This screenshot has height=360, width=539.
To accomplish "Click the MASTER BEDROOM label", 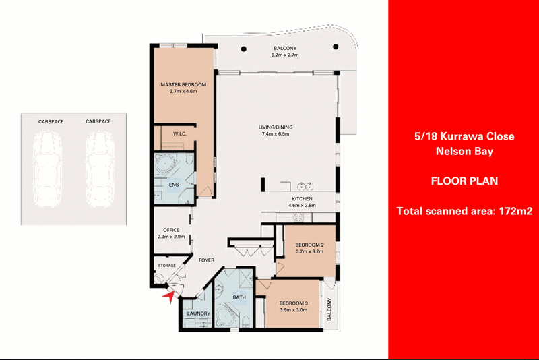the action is point(183,84).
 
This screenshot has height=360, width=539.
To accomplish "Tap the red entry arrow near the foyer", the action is point(169,297).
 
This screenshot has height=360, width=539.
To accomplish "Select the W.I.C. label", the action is point(180,133).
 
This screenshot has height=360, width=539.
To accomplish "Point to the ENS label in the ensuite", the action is point(174,185).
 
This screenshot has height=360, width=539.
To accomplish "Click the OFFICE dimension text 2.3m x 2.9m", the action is point(171,237).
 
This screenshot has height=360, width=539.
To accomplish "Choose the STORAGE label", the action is point(166,266).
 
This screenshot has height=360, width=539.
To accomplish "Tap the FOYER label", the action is point(206,260).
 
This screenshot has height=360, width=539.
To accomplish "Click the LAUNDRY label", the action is point(199,313).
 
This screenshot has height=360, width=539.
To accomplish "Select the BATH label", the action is point(239,297).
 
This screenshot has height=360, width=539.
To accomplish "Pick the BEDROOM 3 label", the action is point(294,303).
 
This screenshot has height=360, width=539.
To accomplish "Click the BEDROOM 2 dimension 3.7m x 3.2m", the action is point(309,251).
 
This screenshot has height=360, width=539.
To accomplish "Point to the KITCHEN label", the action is point(302,199).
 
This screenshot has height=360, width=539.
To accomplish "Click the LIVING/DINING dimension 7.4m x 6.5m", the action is point(276,133).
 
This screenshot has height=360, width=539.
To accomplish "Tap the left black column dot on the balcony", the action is point(244,49).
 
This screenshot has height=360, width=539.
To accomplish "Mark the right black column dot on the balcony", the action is point(336,47).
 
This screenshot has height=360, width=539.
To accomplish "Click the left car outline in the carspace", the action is point(47,169).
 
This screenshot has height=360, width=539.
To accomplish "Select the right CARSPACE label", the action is point(98,121).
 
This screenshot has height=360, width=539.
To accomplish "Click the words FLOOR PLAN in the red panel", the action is point(464,181).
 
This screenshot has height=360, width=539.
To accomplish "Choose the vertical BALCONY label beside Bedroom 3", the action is point(329,309).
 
